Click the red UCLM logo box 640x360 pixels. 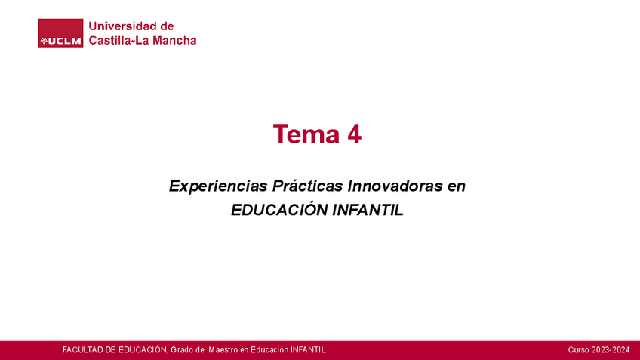60,33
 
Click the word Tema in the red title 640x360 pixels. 306,134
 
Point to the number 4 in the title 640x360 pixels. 354,134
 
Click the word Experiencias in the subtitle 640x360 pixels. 218,186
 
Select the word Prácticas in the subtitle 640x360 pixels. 307,186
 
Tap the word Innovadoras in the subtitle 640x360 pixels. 395,186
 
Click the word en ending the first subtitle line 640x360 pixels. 457,187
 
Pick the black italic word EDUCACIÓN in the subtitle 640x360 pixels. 279,210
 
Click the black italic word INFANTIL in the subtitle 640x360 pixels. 368,211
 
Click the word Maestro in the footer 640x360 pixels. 223,350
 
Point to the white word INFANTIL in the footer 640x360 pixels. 308,350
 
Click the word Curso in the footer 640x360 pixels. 578,350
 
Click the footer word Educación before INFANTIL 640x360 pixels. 269,350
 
